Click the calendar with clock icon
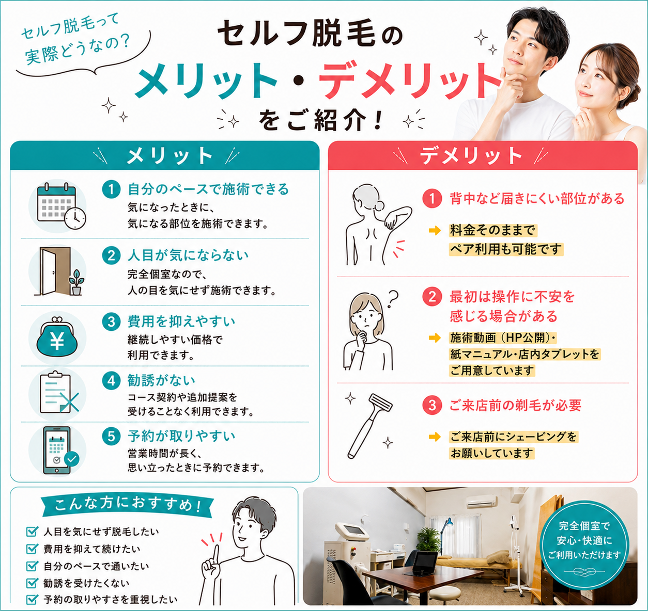point(61,206)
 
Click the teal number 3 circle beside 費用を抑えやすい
point(111,322)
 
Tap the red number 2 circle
point(432,297)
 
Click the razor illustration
point(371,426)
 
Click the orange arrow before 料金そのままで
point(435,231)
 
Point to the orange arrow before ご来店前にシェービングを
point(435,437)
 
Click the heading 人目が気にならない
point(188,255)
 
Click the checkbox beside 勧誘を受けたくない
point(32,583)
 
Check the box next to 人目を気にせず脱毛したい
point(32,532)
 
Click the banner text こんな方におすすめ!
point(128,505)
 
